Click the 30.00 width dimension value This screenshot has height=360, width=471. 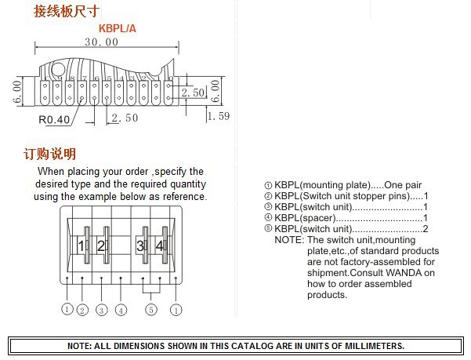[102, 42]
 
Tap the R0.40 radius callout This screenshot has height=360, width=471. [54, 119]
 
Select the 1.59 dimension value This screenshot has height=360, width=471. [219, 116]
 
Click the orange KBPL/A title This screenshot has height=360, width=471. [118, 28]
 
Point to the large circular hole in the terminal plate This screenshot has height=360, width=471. [58, 70]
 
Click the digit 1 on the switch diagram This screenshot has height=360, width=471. [81, 246]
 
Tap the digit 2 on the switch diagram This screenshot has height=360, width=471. [101, 246]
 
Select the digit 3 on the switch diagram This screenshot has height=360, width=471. [140, 246]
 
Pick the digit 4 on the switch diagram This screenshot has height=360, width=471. [160, 246]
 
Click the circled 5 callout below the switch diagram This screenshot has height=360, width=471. [151, 310]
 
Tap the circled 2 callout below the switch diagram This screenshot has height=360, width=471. [82, 310]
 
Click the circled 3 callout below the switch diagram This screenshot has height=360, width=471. [102, 310]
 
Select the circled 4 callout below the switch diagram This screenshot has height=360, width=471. [121, 310]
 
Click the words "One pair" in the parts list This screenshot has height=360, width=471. [403, 185]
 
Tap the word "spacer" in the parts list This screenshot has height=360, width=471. [319, 218]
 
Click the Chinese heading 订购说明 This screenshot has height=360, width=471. [49, 154]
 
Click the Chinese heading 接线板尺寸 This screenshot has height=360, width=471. [67, 12]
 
